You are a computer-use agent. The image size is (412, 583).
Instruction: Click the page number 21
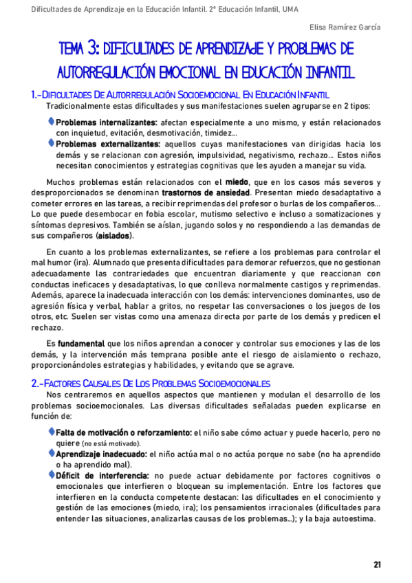point(377,564)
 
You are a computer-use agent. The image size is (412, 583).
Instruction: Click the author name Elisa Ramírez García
point(343,27)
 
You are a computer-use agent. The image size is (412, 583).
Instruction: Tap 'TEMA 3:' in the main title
point(80,48)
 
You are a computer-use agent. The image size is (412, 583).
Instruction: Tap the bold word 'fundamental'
point(80,343)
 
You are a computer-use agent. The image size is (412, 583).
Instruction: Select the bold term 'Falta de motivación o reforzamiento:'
point(123,433)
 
